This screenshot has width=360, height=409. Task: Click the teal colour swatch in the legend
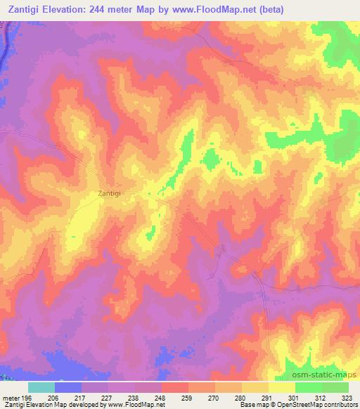41,387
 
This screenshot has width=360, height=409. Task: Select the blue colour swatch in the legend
68,387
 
